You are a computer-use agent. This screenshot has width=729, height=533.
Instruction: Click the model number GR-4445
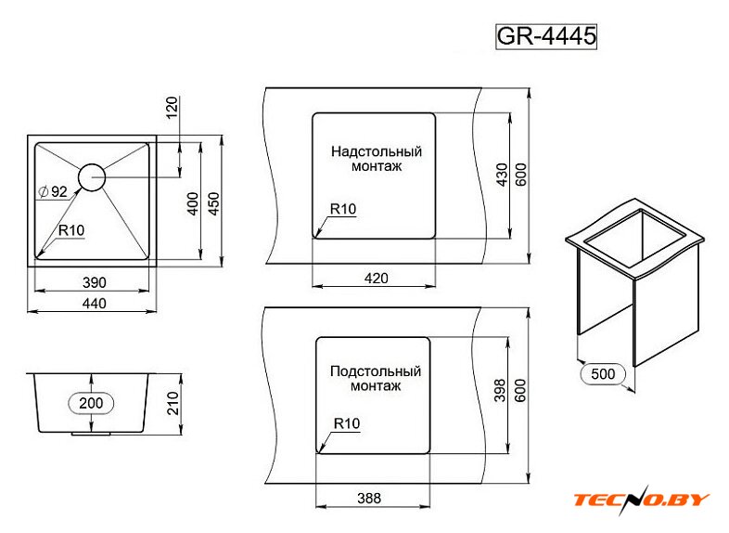[x=545, y=36]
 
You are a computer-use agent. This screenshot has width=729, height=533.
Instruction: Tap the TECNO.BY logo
[x=642, y=500]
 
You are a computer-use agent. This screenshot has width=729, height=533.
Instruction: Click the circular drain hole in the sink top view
[x=92, y=177]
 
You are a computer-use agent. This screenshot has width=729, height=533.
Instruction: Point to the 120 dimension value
[x=172, y=108]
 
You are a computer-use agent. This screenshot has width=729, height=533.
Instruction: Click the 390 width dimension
[x=95, y=282]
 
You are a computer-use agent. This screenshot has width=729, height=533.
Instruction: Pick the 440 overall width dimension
[x=95, y=303]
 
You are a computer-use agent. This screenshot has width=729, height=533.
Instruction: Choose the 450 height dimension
[x=213, y=203]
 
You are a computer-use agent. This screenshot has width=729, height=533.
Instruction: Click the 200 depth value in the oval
[x=91, y=403]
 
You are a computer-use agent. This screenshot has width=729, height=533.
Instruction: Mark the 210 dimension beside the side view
[x=173, y=403]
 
